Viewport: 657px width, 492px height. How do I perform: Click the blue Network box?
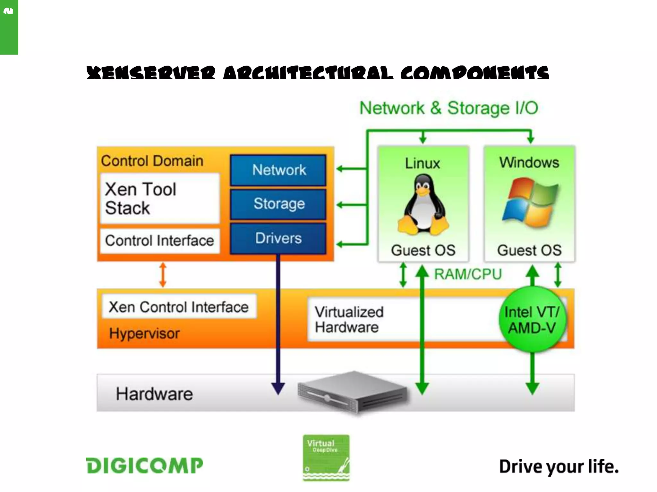[x=278, y=170]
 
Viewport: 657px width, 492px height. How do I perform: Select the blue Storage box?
[x=278, y=204]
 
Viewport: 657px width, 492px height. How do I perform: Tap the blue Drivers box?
[x=278, y=238]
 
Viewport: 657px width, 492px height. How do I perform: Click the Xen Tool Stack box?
[x=160, y=199]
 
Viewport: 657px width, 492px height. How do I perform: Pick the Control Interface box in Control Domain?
[x=160, y=241]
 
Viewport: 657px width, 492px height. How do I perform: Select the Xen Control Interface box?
[x=179, y=307]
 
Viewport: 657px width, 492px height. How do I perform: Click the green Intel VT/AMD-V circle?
[x=532, y=320]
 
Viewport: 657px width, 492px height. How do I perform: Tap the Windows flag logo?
[x=530, y=202]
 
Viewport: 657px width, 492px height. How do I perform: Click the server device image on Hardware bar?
[x=353, y=392]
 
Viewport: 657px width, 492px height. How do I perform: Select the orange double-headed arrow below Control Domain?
[x=163, y=275]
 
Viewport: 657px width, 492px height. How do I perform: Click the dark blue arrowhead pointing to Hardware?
[x=278, y=388]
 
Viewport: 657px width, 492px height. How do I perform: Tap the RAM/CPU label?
[x=468, y=274]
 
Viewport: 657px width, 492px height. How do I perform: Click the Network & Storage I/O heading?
[x=448, y=108]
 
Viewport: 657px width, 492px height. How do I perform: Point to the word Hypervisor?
[x=144, y=333]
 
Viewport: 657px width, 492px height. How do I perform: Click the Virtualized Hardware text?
[x=349, y=320]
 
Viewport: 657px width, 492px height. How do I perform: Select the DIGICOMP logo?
[x=145, y=465]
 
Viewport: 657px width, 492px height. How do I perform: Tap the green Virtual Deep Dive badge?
[x=326, y=457]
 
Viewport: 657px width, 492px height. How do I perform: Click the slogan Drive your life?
[x=559, y=466]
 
